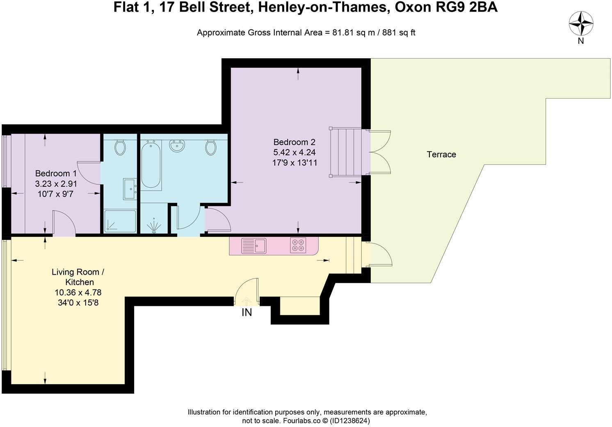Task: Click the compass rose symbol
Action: tap(581, 23)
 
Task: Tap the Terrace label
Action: tap(441, 154)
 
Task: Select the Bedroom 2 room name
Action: tap(294, 142)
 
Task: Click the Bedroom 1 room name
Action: tap(55, 173)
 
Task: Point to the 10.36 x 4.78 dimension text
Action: tap(78, 293)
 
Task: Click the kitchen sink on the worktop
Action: tap(253, 246)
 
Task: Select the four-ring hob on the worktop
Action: tap(298, 245)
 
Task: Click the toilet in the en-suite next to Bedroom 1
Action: tap(120, 147)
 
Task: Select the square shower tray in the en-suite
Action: tap(120, 221)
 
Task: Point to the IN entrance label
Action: tap(247, 312)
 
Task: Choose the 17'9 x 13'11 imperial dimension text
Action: tap(295, 163)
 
